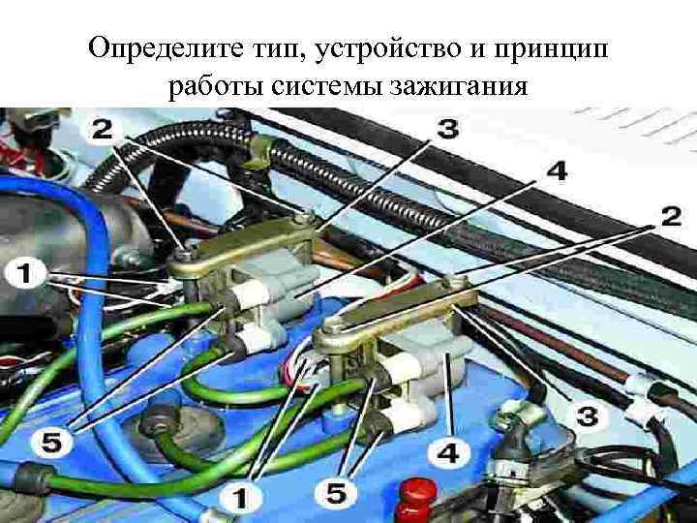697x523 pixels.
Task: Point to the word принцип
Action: point(561,47)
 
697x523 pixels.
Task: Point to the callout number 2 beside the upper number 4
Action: point(669,218)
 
